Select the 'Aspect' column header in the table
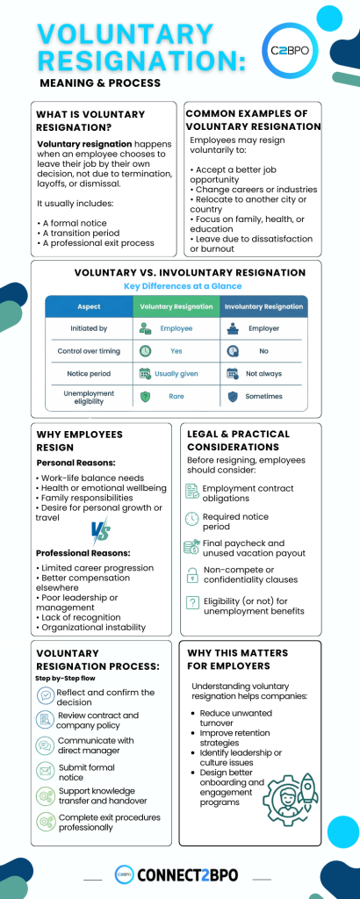click(89, 306)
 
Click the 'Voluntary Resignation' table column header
click(176, 306)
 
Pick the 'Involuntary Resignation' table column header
click(263, 306)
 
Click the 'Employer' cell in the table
click(263, 328)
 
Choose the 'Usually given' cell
click(176, 373)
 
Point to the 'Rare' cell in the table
click(176, 396)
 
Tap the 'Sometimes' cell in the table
click(263, 396)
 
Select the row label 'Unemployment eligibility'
click(89, 396)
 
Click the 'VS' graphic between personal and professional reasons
click(101, 531)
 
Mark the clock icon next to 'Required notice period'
click(192, 520)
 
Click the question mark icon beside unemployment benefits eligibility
click(192, 602)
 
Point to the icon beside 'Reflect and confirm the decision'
click(45, 696)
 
